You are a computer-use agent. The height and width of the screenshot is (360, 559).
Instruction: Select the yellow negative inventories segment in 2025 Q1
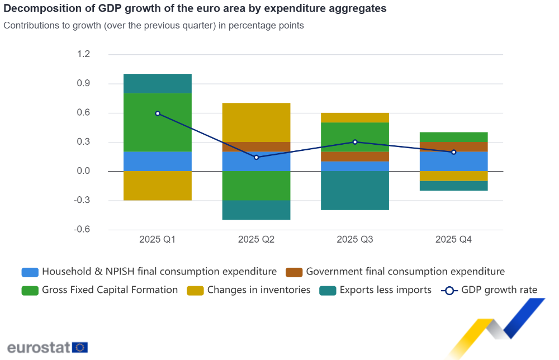[158, 186]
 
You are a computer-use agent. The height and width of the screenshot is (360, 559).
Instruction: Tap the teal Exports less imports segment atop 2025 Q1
[158, 83]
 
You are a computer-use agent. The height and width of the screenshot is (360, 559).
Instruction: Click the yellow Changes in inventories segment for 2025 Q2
[256, 122]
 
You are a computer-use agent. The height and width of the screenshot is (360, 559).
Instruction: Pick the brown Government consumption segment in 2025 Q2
[256, 147]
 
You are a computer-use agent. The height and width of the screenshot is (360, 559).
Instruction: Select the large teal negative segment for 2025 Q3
[355, 191]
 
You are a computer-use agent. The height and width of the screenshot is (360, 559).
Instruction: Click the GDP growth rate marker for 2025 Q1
[158, 113]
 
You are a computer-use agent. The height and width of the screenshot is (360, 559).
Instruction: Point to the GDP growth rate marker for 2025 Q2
[256, 157]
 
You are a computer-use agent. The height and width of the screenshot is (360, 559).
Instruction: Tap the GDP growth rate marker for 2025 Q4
[453, 152]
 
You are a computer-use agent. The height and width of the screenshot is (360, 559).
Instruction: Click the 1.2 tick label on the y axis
[83, 54]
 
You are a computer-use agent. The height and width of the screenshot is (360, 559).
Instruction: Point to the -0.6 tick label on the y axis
[82, 230]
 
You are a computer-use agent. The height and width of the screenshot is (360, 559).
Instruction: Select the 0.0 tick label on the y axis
[83, 171]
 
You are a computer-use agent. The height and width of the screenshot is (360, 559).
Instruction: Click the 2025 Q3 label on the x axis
[355, 240]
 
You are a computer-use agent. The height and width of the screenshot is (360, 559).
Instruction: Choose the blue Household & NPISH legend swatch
[30, 272]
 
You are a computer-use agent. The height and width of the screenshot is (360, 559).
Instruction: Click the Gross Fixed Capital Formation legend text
[110, 290]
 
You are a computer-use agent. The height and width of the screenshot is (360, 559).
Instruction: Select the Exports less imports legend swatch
[328, 291]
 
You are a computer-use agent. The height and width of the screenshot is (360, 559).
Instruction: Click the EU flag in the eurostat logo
[80, 347]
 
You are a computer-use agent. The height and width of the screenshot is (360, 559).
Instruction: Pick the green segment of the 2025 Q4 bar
[453, 137]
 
